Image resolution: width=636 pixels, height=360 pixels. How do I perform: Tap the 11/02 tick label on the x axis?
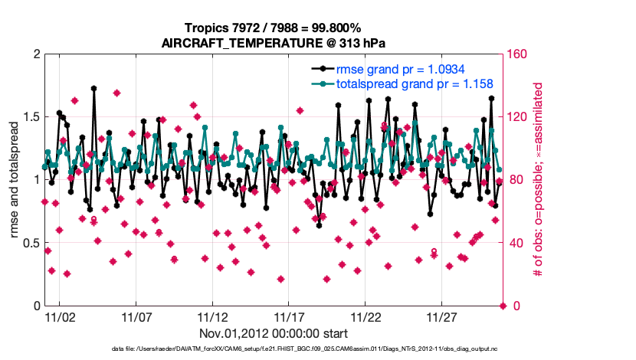coord(60,317)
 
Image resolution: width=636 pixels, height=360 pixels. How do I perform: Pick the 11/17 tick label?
coord(290,317)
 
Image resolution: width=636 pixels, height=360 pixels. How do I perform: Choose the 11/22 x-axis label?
coord(366,317)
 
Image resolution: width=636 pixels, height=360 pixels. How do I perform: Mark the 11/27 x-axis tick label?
coord(443,317)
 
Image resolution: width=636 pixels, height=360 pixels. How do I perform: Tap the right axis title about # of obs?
coord(539,180)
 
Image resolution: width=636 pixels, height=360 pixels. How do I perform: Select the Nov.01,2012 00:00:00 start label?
coord(274,333)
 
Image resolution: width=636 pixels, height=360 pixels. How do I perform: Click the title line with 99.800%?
coord(274,28)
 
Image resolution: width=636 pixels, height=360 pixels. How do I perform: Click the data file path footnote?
coord(274,349)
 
